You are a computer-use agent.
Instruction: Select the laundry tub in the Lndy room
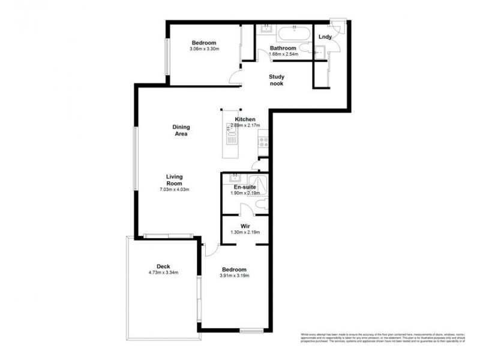(319, 53)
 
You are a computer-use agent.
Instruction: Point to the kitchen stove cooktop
(262, 142)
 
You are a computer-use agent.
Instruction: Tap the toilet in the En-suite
(259, 206)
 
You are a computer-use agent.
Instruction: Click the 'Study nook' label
(277, 80)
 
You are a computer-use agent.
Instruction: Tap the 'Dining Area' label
(181, 130)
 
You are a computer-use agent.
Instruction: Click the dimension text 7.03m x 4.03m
(175, 190)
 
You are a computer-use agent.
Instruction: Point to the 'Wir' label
(245, 226)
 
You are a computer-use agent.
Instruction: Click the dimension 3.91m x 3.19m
(234, 276)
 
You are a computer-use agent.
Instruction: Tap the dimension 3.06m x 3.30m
(205, 49)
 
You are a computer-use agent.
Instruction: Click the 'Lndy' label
(325, 37)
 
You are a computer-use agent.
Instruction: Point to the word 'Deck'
(164, 266)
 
